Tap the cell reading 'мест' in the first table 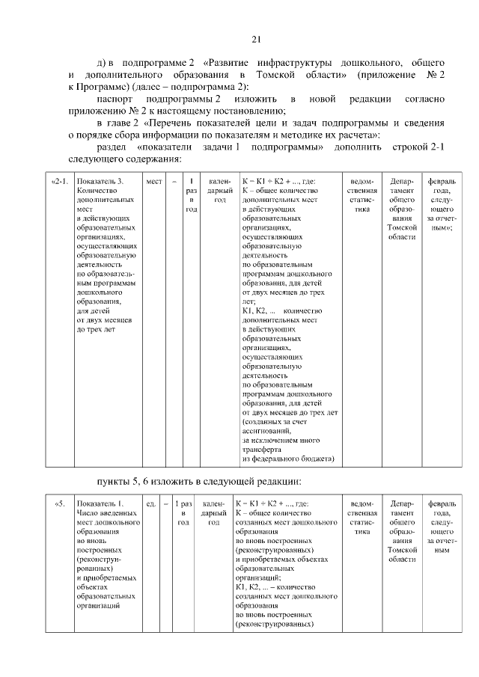(x=154, y=182)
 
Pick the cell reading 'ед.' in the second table (x=151, y=503)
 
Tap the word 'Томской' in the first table (x=403, y=227)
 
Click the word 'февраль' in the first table (x=442, y=182)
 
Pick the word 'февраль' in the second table (x=442, y=503)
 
